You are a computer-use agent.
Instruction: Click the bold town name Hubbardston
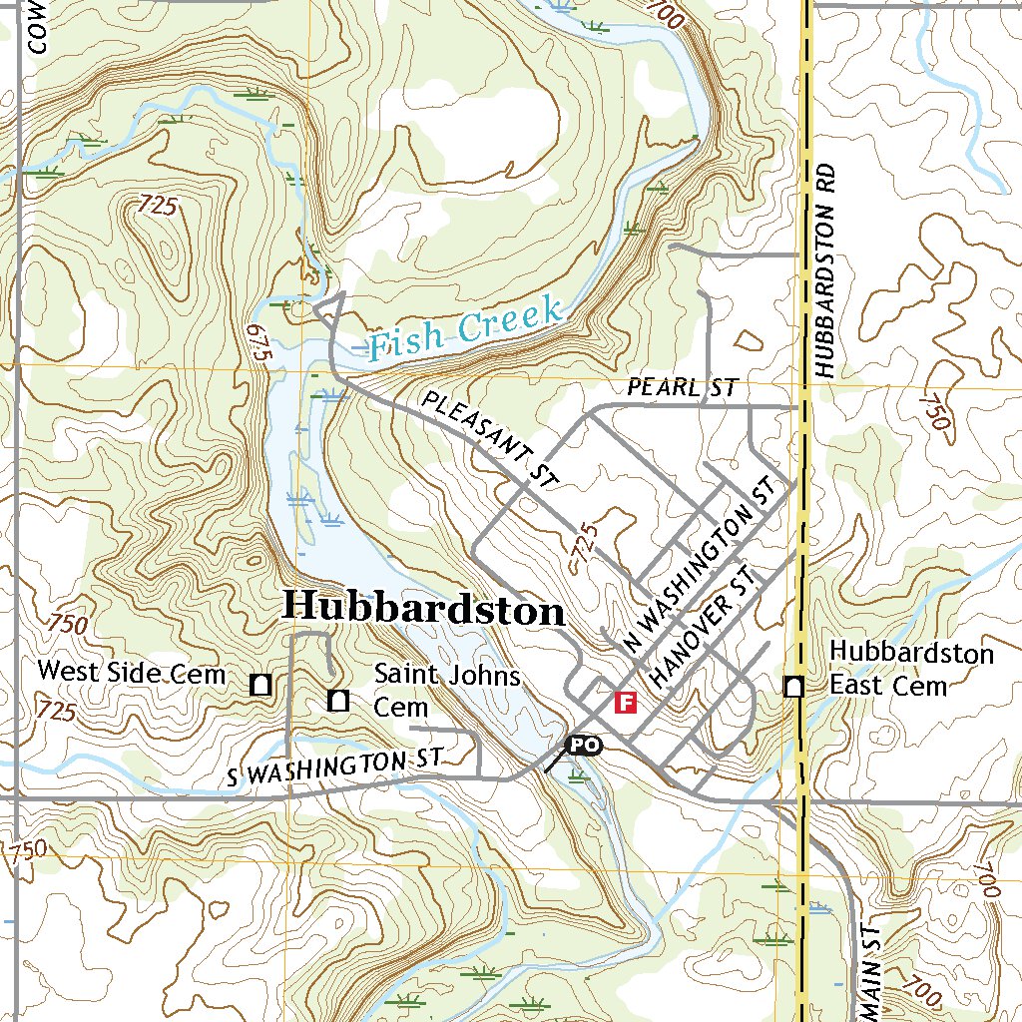click(423, 607)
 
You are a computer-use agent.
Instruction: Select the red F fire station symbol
click(626, 703)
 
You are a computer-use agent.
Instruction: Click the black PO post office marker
click(584, 745)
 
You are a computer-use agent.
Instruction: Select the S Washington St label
click(334, 767)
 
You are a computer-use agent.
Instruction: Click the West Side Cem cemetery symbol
click(261, 685)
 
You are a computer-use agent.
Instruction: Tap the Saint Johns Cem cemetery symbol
click(338, 701)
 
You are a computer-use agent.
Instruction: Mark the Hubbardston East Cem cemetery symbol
click(794, 686)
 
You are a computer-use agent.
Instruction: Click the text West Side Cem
click(132, 672)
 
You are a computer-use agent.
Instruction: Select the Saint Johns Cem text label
click(447, 691)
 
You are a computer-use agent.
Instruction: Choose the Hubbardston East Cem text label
click(911, 669)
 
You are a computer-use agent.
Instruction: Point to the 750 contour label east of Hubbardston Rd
click(936, 410)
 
